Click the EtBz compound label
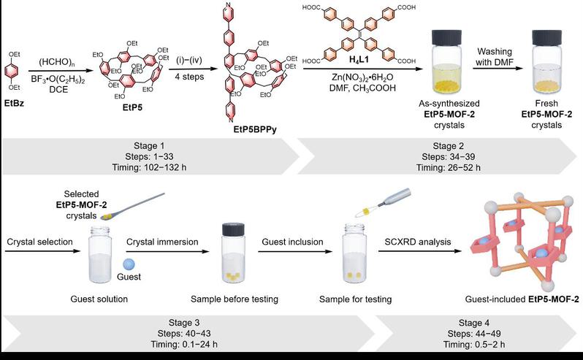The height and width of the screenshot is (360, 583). pos(14,103)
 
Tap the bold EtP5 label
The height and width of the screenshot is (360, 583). pos(132,108)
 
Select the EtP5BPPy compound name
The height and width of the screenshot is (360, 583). pos(255,130)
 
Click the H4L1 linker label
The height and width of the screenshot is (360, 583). pos(359,60)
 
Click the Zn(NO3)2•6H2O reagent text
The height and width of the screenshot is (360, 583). pos(362,77)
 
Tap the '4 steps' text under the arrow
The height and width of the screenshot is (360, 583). pos(189,77)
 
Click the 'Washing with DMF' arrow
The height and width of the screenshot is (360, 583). pos(498,69)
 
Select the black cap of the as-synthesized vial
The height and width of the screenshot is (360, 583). pos(446,38)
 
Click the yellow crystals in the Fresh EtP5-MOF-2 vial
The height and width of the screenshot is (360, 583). pos(546,86)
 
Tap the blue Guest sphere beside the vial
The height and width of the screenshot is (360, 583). pos(129,264)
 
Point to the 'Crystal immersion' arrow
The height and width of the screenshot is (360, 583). pos(168,251)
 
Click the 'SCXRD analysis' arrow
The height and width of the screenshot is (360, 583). pos(420,251)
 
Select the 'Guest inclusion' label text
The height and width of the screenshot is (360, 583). pos(293,242)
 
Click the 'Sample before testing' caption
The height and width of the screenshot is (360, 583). pos(235,299)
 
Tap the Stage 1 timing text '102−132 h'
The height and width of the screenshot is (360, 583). pos(164,167)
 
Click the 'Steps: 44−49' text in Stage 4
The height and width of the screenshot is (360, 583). pos(474,334)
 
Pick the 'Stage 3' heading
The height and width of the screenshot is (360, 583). pos(183,323)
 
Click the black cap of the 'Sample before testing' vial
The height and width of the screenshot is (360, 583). pos(234,229)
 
